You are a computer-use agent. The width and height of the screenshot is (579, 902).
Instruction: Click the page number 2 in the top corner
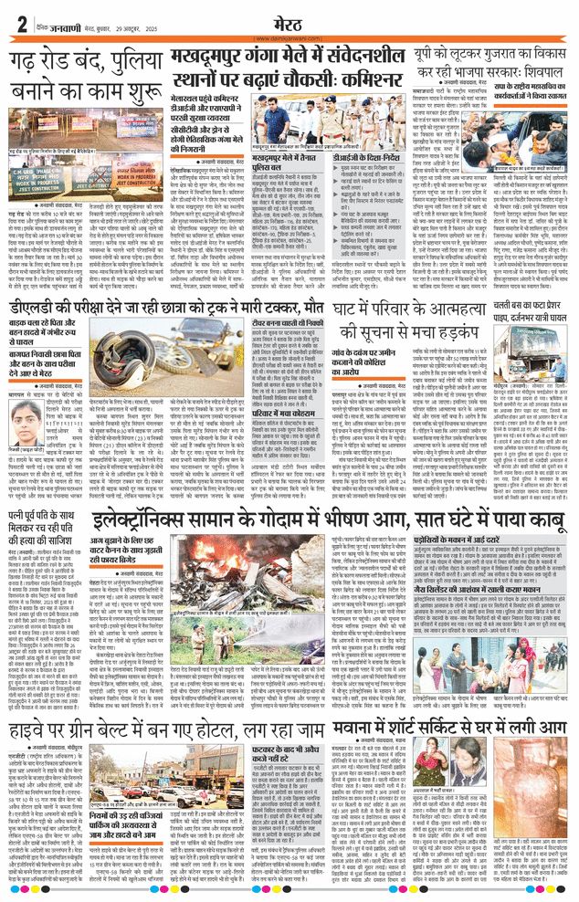coord(18,22)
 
